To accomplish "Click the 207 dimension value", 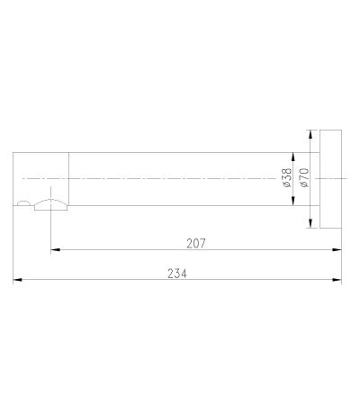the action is (x=196, y=243).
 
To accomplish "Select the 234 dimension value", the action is (x=177, y=274).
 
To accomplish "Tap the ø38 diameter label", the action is (x=287, y=177).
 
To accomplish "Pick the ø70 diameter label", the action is (x=304, y=177).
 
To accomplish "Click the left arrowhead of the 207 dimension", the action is (x=55, y=249).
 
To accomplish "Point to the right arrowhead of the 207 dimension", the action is (x=337, y=249).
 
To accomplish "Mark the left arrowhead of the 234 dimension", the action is (x=17, y=280).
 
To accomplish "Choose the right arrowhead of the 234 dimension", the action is (x=337, y=280).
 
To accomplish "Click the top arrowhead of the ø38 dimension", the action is (x=293, y=157).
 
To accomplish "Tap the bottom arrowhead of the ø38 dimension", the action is (x=293, y=201).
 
